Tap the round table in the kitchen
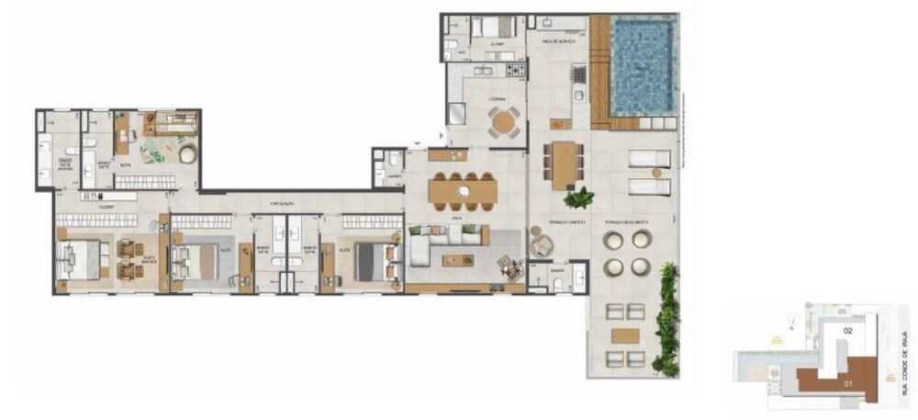click(502, 122)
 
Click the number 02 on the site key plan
click(848, 329)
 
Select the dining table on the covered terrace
click(563, 165)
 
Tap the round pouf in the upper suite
click(187, 153)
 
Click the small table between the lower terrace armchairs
click(627, 334)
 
